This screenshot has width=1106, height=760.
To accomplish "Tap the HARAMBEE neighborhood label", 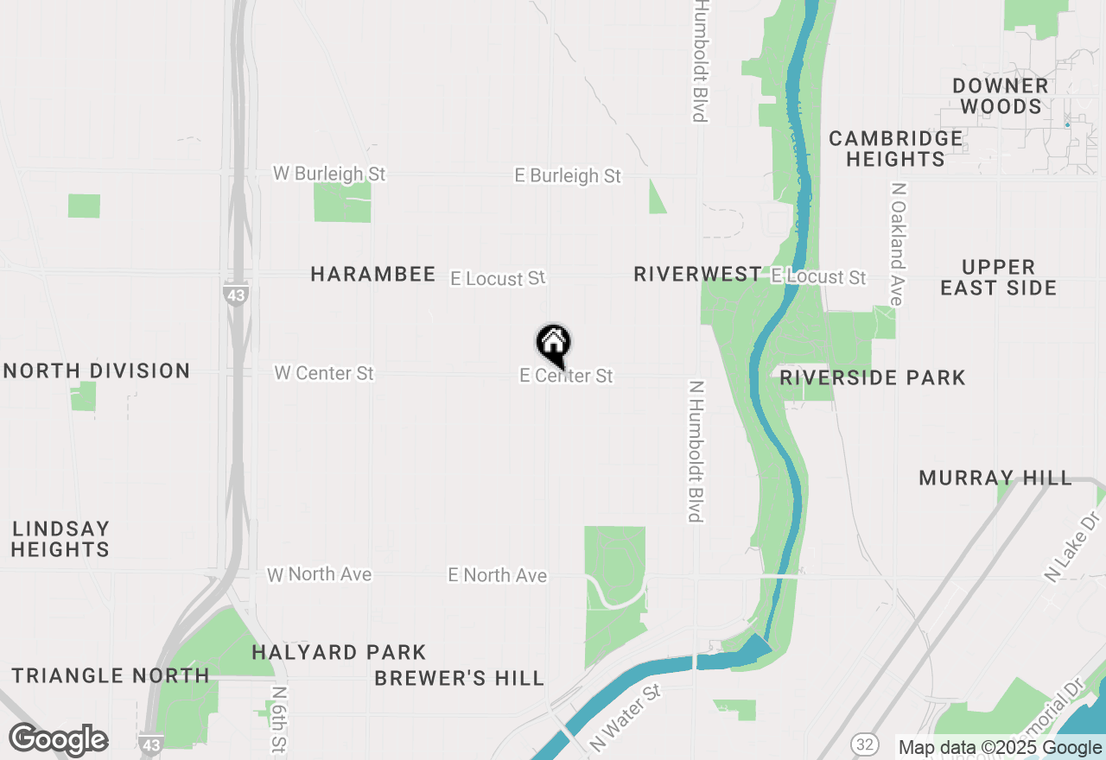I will tap(373, 275).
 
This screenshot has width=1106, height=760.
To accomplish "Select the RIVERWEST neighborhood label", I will tap(697, 275).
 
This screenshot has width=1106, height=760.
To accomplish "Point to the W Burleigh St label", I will tap(329, 174).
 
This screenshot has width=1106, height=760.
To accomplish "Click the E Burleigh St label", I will tap(568, 175).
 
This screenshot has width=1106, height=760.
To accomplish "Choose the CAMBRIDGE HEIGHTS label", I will tap(895, 149).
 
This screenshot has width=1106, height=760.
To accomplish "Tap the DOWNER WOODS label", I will tap(1001, 96).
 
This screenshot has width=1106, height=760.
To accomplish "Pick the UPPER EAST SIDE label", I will tap(998, 277).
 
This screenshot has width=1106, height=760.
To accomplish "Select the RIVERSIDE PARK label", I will tap(873, 378).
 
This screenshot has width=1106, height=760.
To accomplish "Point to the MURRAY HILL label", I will tap(995, 478).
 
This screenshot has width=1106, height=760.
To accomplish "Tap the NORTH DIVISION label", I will tap(97, 371).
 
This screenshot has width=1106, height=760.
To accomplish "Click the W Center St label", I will tap(324, 373).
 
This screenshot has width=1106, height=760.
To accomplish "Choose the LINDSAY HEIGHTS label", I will tap(60, 539).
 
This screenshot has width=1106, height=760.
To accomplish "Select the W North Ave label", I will tap(320, 574).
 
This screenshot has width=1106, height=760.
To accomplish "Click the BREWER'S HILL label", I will tap(460, 679).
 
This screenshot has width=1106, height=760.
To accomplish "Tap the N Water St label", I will tap(626, 717).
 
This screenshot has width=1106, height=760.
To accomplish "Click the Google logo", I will tap(58, 740).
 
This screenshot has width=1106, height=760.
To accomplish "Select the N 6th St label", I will tap(277, 719).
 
